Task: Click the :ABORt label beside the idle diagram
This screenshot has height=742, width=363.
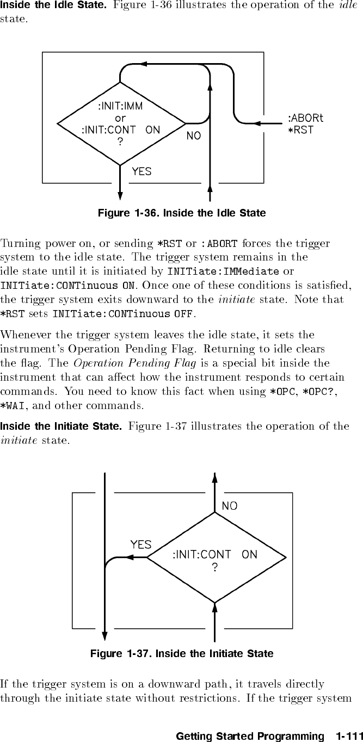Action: point(305,118)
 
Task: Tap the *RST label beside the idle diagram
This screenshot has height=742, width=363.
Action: point(300,130)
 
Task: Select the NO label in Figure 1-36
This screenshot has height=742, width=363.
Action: point(194,136)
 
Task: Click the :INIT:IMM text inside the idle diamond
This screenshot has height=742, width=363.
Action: point(120,106)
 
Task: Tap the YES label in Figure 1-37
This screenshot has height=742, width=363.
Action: point(141,544)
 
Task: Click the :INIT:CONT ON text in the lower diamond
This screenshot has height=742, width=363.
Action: point(215,555)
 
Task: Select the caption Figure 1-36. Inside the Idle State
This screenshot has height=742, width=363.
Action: point(181,213)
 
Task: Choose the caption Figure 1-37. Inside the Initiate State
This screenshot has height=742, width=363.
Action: point(181,653)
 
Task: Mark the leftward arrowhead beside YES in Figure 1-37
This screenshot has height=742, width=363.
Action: point(130,557)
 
